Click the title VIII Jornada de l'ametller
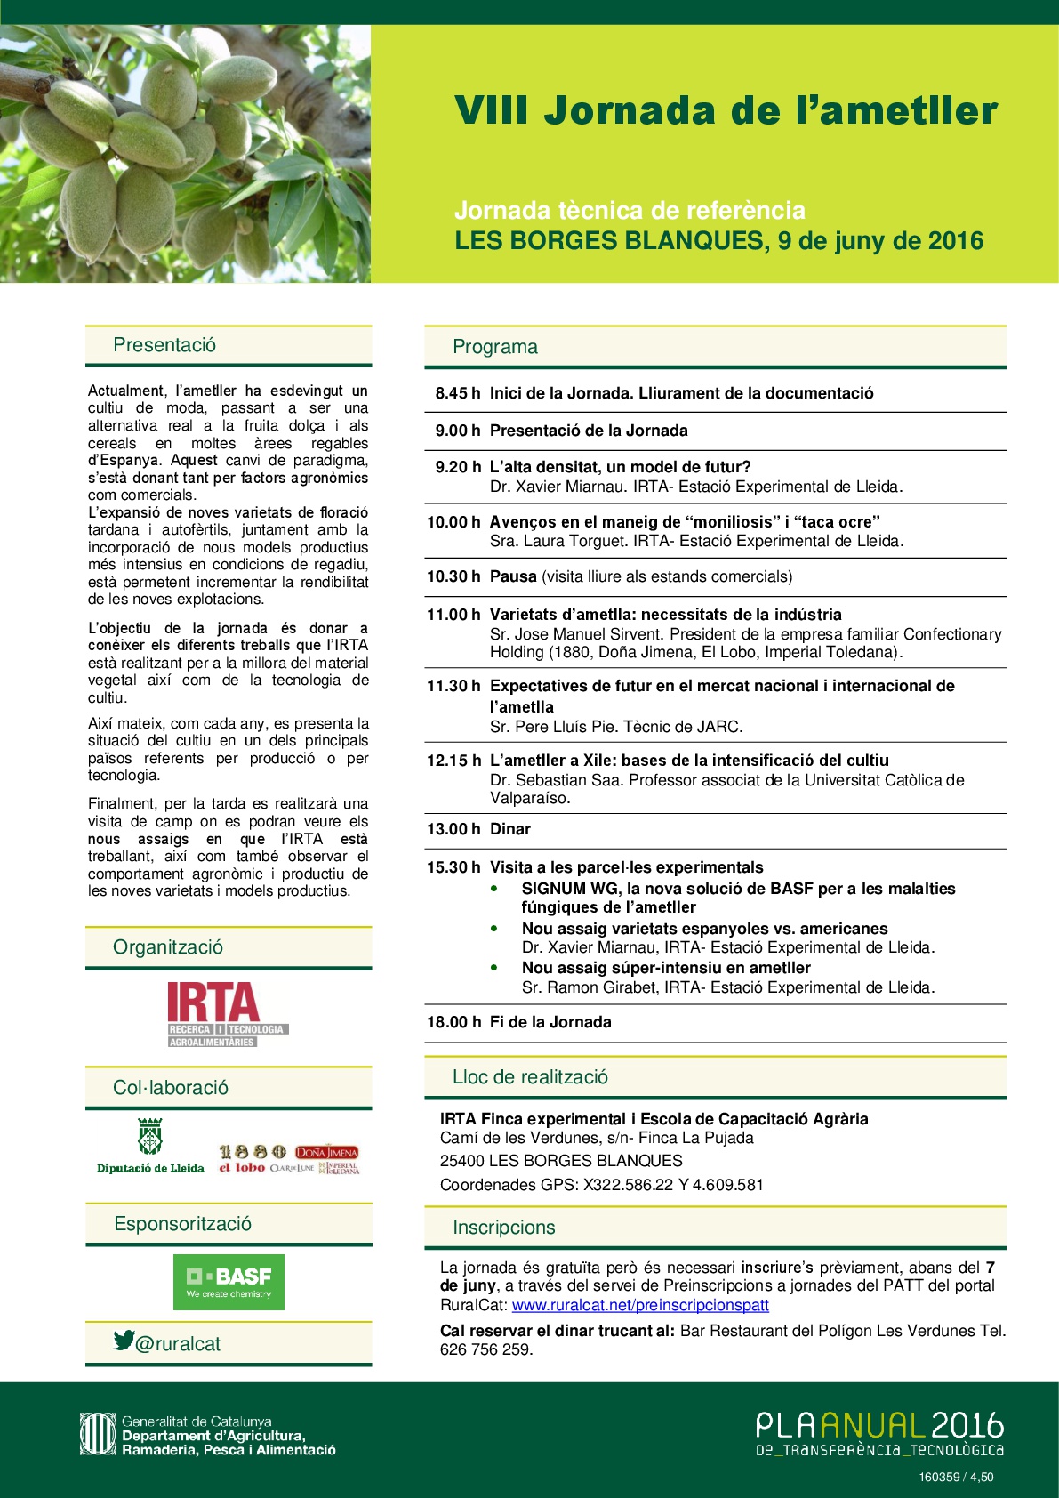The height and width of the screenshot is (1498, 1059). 726,111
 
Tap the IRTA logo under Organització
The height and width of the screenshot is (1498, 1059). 228,1014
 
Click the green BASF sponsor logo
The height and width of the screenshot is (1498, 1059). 229,1282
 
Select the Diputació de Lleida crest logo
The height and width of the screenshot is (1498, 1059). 150,1137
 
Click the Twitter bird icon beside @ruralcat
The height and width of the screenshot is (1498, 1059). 124,1341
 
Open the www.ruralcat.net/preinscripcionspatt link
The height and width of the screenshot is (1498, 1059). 640,1305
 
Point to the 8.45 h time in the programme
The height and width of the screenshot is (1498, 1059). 457,393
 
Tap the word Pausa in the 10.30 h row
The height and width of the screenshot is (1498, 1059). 513,576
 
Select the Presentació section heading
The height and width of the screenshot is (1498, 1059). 164,345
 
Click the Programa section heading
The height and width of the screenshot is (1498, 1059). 495,347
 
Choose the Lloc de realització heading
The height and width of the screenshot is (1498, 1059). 530,1077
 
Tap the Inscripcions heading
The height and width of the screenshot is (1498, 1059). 503,1228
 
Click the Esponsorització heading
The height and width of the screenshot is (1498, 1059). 182,1224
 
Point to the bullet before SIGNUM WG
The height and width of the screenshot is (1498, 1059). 494,889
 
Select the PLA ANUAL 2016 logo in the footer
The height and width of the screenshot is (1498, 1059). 878,1432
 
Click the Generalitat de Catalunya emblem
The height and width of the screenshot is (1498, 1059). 97,1434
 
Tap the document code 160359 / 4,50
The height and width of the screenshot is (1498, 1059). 956,1478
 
